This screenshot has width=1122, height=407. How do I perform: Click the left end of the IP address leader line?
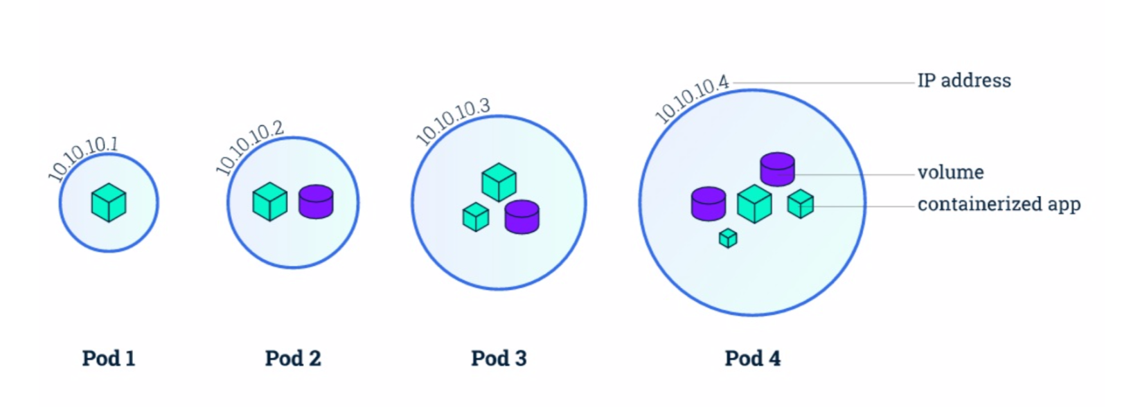733,82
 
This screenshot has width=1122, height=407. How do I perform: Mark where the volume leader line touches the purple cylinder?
794,174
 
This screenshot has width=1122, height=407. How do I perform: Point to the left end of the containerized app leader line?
800,206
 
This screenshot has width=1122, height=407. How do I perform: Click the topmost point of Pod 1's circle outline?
109,154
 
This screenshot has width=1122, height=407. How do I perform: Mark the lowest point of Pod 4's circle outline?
752,315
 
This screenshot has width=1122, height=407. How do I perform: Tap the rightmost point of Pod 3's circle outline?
585,203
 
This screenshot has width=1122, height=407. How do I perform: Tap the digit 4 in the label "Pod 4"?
774,359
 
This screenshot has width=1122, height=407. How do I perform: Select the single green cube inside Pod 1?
109,202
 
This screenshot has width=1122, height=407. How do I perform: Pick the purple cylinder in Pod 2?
316,201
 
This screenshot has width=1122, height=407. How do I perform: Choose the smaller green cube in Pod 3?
475,217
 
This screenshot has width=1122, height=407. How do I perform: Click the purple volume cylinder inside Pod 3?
522,217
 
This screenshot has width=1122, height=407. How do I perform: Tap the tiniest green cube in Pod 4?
728,238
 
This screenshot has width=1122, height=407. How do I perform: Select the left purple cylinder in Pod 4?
709,203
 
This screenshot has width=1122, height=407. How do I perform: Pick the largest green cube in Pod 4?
754,203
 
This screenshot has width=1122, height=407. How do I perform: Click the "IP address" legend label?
964,80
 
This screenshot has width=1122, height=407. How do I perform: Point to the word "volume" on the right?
951,172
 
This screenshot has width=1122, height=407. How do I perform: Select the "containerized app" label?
999,204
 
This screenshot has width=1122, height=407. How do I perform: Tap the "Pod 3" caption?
499,359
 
